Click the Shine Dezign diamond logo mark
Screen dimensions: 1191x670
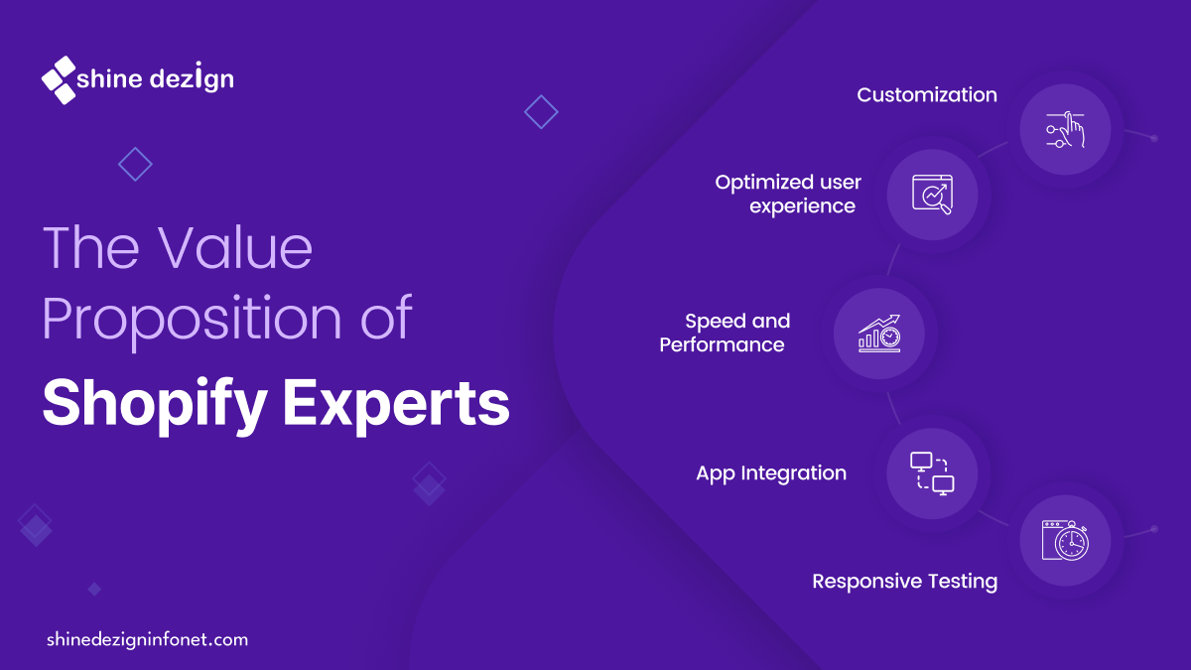tap(59, 80)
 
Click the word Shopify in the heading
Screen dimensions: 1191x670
tap(155, 404)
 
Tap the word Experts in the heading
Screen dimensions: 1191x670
tap(396, 405)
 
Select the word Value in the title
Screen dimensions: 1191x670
tap(235, 247)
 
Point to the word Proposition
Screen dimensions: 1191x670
tap(192, 320)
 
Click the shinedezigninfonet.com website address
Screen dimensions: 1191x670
tap(147, 639)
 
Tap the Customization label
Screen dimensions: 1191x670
tap(927, 94)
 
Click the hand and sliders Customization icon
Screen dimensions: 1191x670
tap(1065, 130)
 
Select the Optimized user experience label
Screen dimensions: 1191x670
tap(788, 195)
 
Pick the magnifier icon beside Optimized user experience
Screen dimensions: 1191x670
tap(933, 195)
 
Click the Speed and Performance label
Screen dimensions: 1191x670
tap(725, 333)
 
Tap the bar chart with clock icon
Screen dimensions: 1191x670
tap(879, 334)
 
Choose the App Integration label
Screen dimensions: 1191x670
tap(771, 472)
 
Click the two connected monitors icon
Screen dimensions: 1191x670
tap(932, 473)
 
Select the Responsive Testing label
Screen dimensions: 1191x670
tap(904, 581)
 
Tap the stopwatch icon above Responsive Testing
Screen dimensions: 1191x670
tap(1065, 540)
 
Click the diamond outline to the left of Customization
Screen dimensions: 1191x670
tap(541, 111)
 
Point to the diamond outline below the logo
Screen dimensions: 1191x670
tap(135, 165)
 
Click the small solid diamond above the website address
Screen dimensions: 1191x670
tap(94, 590)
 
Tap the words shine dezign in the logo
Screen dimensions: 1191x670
tap(155, 78)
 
